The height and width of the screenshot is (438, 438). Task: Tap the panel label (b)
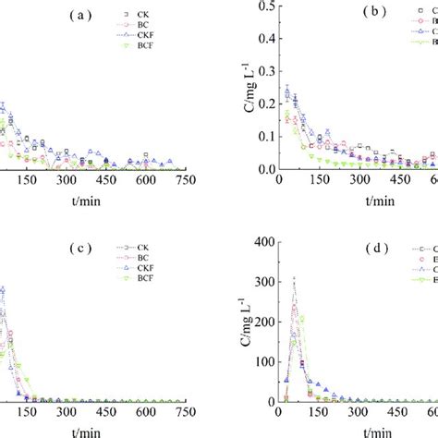[x=378, y=16]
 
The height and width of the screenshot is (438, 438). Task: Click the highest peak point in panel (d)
[x=294, y=277]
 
